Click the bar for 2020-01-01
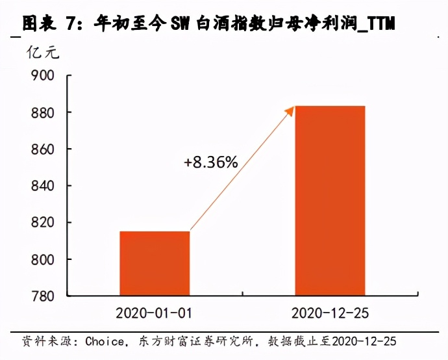point(155,263)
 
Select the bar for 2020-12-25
point(330,201)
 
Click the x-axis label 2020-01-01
point(154,313)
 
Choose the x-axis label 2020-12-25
point(330,313)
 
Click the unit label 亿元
point(42,53)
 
